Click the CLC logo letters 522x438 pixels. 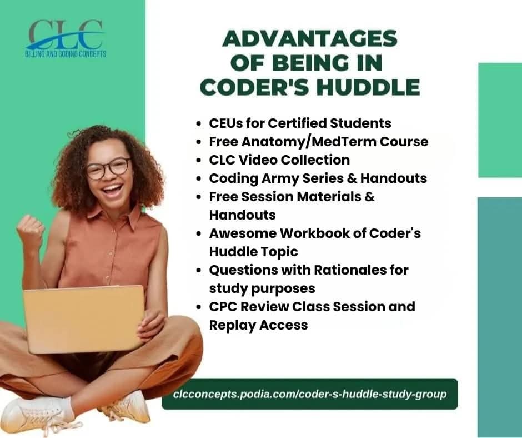pyautogui.click(x=66, y=34)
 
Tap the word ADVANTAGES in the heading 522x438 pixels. pyautogui.click(x=310, y=39)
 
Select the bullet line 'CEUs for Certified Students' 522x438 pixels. pyautogui.click(x=300, y=123)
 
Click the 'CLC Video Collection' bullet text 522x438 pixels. pyautogui.click(x=279, y=160)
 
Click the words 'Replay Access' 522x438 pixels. pyautogui.click(x=258, y=325)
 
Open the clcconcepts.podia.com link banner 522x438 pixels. pyautogui.click(x=309, y=394)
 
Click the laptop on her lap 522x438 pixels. pyautogui.click(x=83, y=319)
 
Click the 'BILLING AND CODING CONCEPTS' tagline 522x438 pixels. pyautogui.click(x=66, y=54)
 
